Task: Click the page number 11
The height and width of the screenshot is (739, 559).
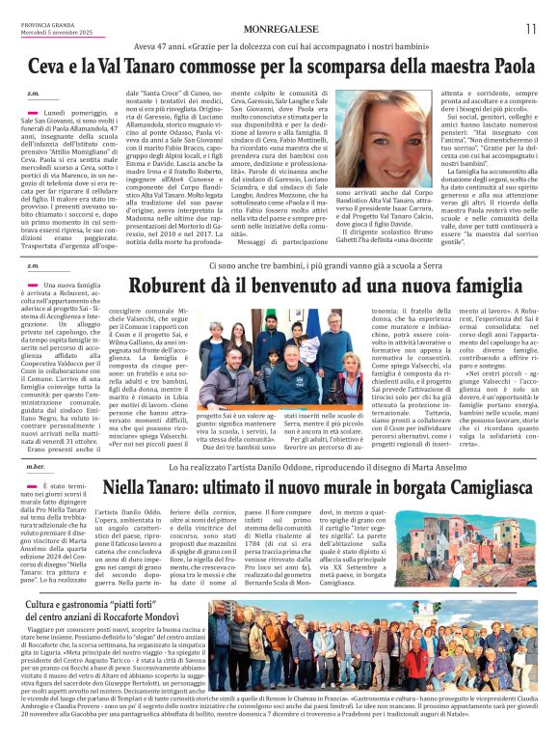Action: click(530, 29)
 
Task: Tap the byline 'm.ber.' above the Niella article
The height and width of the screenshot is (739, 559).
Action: click(37, 466)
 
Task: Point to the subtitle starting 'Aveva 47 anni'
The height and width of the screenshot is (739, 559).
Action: click(295, 45)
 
